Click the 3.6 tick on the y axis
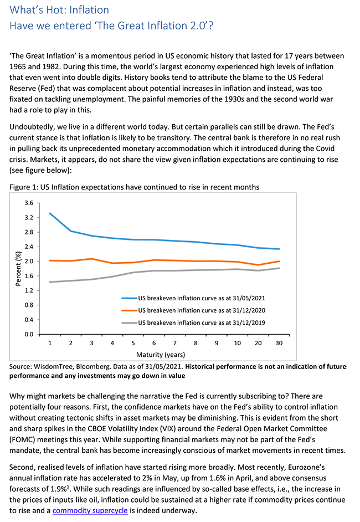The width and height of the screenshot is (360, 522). [x=29, y=203]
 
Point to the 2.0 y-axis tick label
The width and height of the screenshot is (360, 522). [x=29, y=262]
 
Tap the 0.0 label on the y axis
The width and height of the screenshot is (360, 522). [x=29, y=335]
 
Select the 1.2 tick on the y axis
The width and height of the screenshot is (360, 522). [x=29, y=291]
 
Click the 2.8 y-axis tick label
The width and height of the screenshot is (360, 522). [x=29, y=232]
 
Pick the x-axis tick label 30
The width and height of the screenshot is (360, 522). [x=279, y=344]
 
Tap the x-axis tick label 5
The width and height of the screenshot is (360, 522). [x=133, y=344]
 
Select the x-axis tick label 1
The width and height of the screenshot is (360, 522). [x=50, y=344]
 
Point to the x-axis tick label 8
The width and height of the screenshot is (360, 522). [x=196, y=344]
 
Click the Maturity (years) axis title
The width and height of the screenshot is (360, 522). [x=163, y=354]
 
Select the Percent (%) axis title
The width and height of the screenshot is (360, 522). [x=18, y=269]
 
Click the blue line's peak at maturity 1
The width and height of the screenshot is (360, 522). [x=50, y=213]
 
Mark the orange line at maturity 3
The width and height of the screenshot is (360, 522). [x=92, y=259]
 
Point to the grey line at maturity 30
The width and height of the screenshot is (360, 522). [x=279, y=268]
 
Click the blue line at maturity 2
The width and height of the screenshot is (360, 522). [x=71, y=231]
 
